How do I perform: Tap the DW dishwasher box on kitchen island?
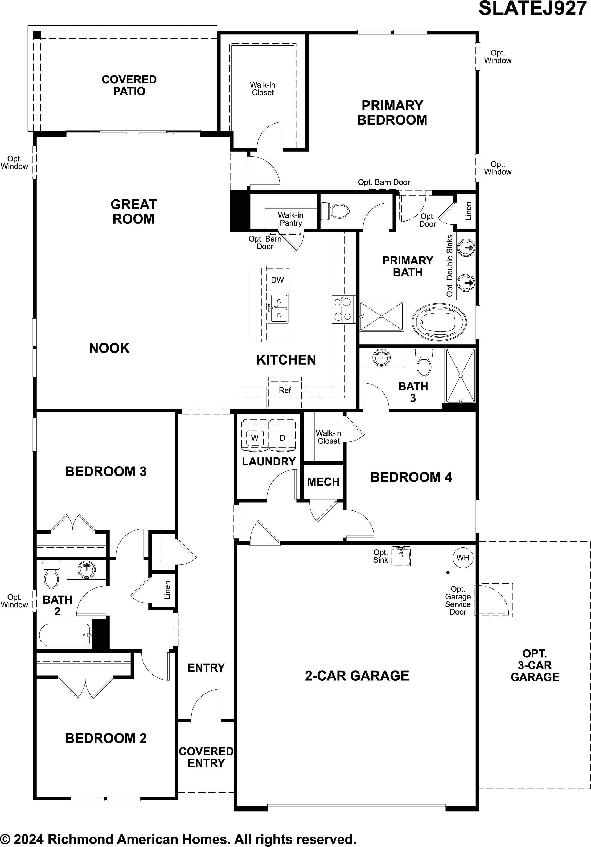coord(277,280)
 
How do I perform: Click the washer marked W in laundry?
coord(255,438)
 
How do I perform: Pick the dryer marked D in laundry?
coord(282,438)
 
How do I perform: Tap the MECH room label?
coord(323,482)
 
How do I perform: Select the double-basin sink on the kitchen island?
coord(278,308)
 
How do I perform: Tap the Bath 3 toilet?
coord(424,362)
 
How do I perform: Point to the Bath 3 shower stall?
coord(460,375)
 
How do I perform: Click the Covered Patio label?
coord(129,85)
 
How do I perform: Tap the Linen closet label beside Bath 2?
coord(167,590)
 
